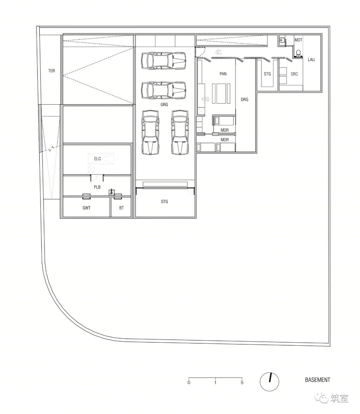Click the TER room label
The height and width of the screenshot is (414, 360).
tap(51, 71)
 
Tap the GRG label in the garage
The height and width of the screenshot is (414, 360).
tap(164, 105)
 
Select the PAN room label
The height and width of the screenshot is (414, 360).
tap(223, 74)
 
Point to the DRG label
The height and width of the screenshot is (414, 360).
tap(245, 99)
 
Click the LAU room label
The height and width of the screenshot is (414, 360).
tap(311, 60)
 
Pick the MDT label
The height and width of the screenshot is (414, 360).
tap(298, 40)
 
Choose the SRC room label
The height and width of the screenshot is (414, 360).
tap(294, 74)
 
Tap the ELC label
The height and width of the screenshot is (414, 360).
tap(97, 159)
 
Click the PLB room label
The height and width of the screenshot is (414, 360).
tap(97, 187)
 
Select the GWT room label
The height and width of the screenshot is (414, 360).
tap(86, 208)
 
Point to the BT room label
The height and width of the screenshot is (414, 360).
tap(121, 208)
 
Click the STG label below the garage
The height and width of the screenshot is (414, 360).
tap(164, 202)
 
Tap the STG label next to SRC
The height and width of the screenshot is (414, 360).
tap(267, 74)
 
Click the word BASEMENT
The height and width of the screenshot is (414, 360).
tap(317, 380)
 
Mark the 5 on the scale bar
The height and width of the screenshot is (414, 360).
tap(242, 383)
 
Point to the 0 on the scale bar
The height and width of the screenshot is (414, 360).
tap(189, 383)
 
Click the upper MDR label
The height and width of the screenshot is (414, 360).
tap(225, 130)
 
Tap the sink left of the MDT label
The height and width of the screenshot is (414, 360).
tap(282, 41)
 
